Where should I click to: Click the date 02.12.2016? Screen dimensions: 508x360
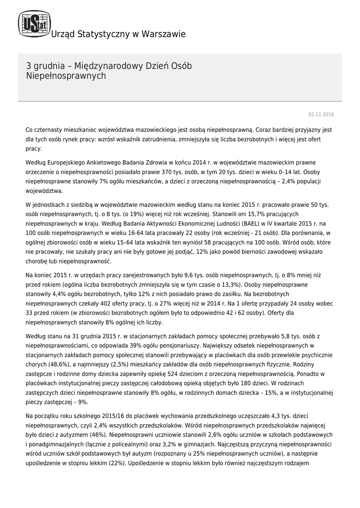click(x=321, y=115)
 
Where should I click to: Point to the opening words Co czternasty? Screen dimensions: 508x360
click(x=46, y=129)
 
